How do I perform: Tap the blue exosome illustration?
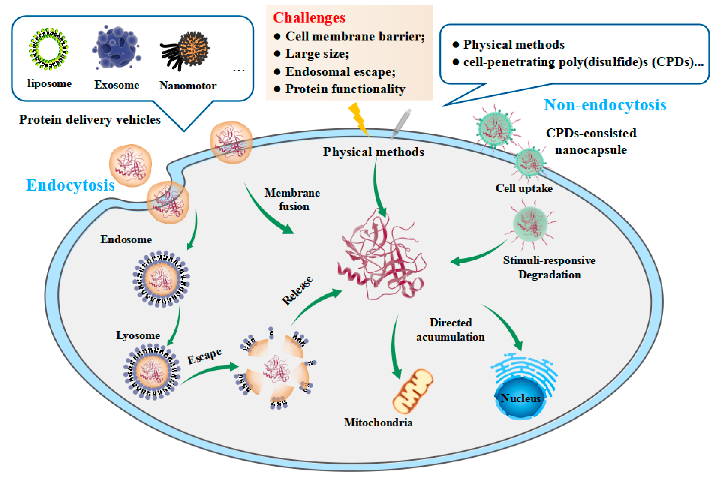pyautogui.click(x=117, y=48)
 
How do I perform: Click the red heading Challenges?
pyautogui.click(x=309, y=17)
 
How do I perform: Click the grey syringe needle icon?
pyautogui.click(x=401, y=123)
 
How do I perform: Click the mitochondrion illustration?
pyautogui.click(x=413, y=391)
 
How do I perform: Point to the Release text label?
pyautogui.click(x=297, y=290)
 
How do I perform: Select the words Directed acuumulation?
pyautogui.click(x=450, y=330)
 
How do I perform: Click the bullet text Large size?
pyautogui.click(x=317, y=54)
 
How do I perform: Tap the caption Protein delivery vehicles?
pyautogui.click(x=90, y=120)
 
